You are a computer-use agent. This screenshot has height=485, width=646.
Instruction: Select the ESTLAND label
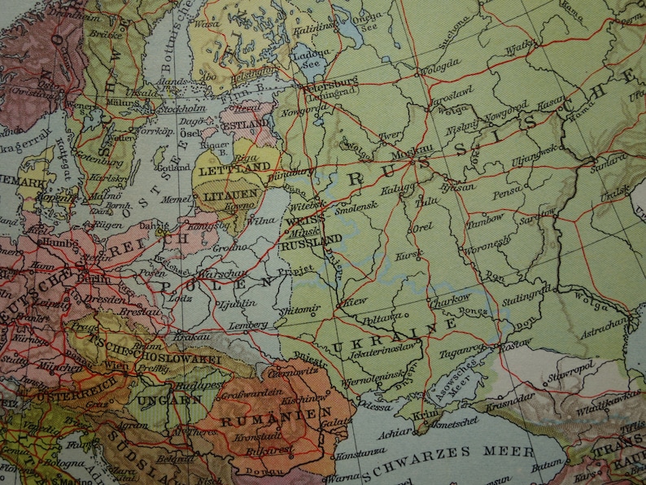[244, 124]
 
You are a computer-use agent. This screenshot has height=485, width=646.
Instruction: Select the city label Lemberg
[251, 325]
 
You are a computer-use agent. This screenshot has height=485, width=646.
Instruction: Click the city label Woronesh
[491, 243]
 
